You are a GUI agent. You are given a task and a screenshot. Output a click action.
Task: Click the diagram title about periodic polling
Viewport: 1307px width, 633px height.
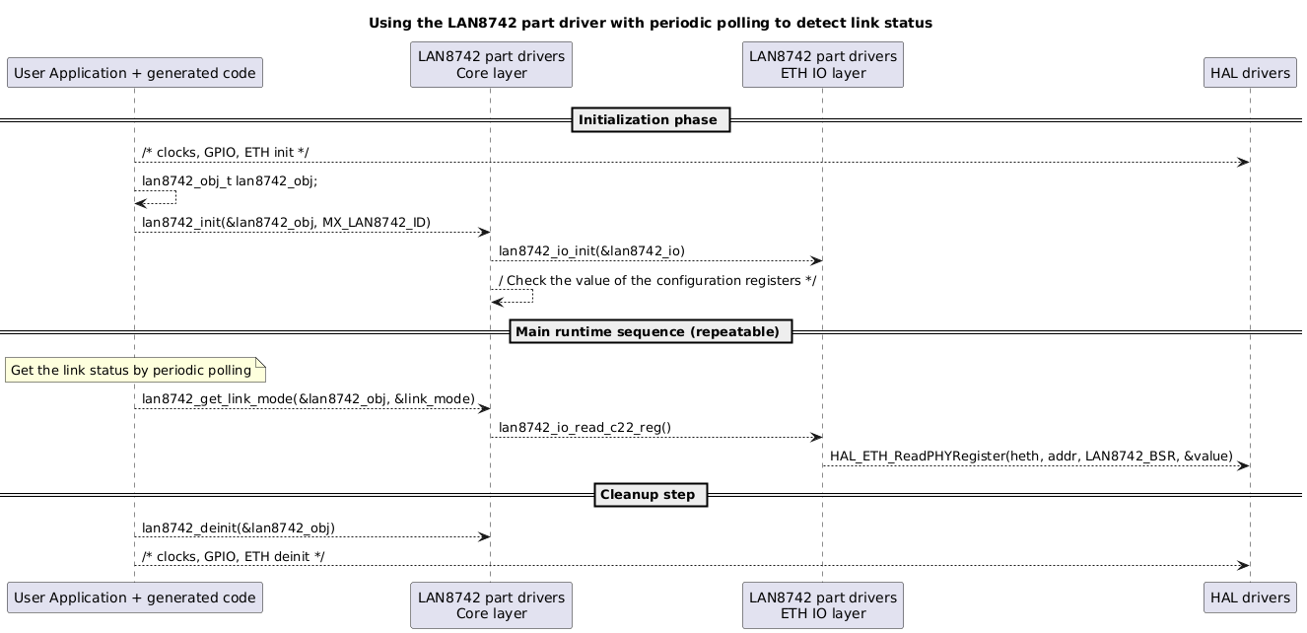click(651, 23)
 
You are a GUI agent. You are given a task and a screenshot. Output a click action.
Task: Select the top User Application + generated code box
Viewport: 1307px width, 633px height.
click(134, 72)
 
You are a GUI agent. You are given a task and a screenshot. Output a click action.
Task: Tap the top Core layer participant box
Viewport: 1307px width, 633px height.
click(491, 65)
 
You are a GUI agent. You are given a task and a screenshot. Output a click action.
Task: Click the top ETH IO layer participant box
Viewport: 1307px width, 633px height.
click(822, 65)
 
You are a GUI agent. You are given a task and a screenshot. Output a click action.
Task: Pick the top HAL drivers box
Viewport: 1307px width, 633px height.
click(1249, 72)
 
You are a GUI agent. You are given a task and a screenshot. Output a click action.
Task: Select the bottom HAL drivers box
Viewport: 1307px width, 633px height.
click(1249, 598)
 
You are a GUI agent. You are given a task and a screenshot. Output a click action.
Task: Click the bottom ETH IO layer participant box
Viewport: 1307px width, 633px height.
click(822, 604)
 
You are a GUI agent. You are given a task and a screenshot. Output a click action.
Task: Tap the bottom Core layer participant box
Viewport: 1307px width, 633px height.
click(491, 604)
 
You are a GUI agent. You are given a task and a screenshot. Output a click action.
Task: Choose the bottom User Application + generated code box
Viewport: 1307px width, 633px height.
click(134, 598)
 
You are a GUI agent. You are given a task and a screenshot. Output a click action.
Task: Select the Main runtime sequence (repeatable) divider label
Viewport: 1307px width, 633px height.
click(651, 332)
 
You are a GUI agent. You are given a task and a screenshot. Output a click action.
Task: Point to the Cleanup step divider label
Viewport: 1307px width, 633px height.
click(651, 494)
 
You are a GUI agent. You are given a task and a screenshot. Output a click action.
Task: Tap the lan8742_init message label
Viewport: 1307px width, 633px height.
click(286, 222)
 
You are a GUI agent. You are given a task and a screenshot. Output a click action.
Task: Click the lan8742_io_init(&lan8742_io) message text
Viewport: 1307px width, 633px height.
click(591, 251)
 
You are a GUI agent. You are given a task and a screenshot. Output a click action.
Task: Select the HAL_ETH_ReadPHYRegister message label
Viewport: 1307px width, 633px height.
click(1031, 456)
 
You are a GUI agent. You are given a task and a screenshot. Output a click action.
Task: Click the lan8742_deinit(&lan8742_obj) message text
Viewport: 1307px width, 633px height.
click(239, 527)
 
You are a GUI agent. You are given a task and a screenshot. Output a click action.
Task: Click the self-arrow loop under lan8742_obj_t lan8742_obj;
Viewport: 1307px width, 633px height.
click(158, 198)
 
